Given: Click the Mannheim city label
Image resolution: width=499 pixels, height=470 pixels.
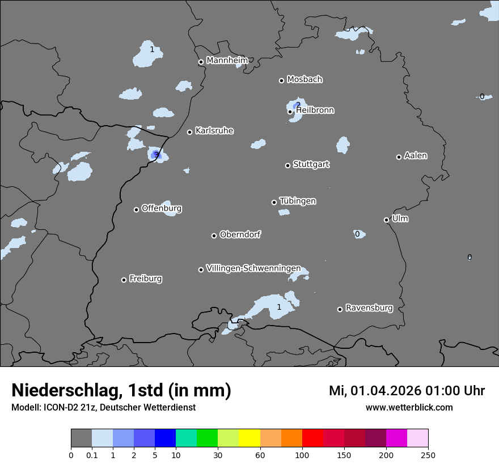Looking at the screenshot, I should tap(227, 61).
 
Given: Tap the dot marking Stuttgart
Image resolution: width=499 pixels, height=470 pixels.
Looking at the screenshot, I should tap(287, 165).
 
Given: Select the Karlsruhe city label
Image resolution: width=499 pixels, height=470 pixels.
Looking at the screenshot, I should tap(214, 131).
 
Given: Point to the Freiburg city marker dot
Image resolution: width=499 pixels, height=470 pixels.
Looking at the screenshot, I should tap(124, 280).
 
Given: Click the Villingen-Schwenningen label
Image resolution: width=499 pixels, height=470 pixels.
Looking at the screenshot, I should tap(253, 268).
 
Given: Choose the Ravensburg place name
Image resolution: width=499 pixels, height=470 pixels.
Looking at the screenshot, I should tap(369, 308).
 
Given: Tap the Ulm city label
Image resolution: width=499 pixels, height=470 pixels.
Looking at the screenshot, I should tap(400, 219).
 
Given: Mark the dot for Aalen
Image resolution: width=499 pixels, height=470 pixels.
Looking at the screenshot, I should tap(399, 157).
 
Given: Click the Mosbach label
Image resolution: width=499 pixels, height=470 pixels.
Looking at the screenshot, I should tap(305, 80).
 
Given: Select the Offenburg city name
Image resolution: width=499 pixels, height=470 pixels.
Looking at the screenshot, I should tap(162, 208).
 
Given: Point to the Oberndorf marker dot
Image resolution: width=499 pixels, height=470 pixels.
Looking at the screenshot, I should tap(214, 236).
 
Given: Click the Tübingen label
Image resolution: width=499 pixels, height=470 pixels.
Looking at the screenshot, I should tap(298, 201).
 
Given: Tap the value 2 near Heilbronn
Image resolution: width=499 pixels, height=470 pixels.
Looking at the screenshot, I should tap(298, 105).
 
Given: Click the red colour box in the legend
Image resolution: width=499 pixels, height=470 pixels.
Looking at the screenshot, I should tap(312, 438).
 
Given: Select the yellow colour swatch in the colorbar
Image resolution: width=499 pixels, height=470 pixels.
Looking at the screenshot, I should tap(249, 438).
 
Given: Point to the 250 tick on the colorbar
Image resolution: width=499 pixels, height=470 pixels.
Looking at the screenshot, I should tap(428, 455).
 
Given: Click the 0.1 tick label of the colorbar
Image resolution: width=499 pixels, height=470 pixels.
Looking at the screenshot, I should tap(92, 455).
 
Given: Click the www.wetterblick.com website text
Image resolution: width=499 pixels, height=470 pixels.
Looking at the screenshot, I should tap(409, 407).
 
